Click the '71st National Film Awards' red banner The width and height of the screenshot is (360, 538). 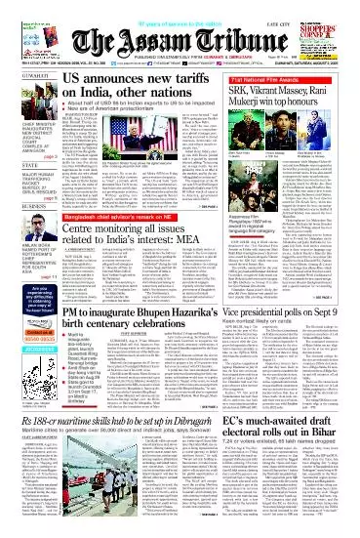point(302,69)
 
